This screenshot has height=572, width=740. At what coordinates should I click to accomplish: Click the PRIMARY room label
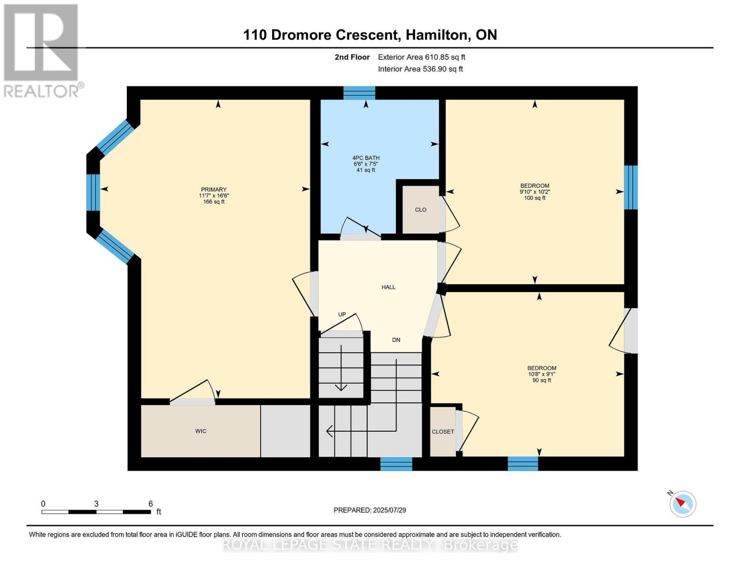[213, 189]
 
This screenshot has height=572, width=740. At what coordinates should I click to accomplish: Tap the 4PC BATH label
[366, 158]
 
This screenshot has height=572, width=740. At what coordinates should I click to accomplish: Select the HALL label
[388, 287]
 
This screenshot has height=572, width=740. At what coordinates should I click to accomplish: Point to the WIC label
[201, 431]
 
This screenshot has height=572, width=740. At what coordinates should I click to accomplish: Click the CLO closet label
[421, 210]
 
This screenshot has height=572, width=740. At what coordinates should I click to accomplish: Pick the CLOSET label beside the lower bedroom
[443, 432]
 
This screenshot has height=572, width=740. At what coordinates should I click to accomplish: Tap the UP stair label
[342, 315]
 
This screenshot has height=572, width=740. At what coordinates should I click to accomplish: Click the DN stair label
[396, 340]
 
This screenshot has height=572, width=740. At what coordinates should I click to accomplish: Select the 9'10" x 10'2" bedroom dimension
[535, 192]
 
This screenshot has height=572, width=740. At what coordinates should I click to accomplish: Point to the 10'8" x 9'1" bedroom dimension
[541, 374]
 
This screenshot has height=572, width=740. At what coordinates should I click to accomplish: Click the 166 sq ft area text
[213, 202]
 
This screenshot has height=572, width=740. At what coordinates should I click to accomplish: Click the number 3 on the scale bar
[96, 504]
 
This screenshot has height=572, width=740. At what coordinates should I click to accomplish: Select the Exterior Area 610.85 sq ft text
[422, 57]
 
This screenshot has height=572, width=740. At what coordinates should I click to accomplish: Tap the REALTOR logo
[42, 51]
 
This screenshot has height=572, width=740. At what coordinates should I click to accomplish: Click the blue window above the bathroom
[359, 93]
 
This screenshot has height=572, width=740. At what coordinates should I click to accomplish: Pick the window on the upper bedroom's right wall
[631, 187]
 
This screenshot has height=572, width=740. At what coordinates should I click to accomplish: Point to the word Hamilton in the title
[436, 35]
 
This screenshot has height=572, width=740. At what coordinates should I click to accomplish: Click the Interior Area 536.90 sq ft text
[420, 69]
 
